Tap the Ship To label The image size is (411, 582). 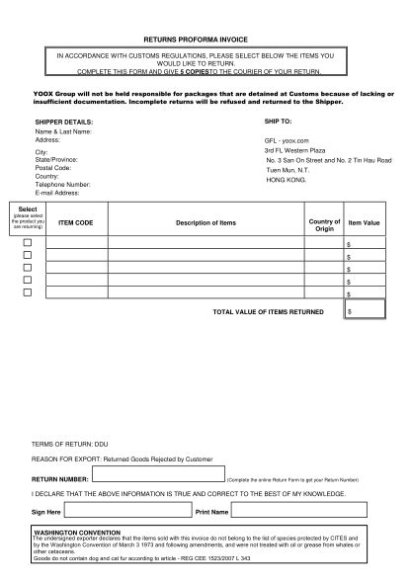pos(279,120)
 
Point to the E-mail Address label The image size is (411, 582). pos(58,192)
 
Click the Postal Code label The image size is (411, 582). pos(52,168)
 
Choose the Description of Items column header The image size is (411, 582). pos(205,223)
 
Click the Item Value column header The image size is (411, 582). pos(365,223)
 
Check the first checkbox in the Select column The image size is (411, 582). pos(28,243)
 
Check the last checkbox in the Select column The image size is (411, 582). pos(28,291)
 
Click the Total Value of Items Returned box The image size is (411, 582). pos(365,310)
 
